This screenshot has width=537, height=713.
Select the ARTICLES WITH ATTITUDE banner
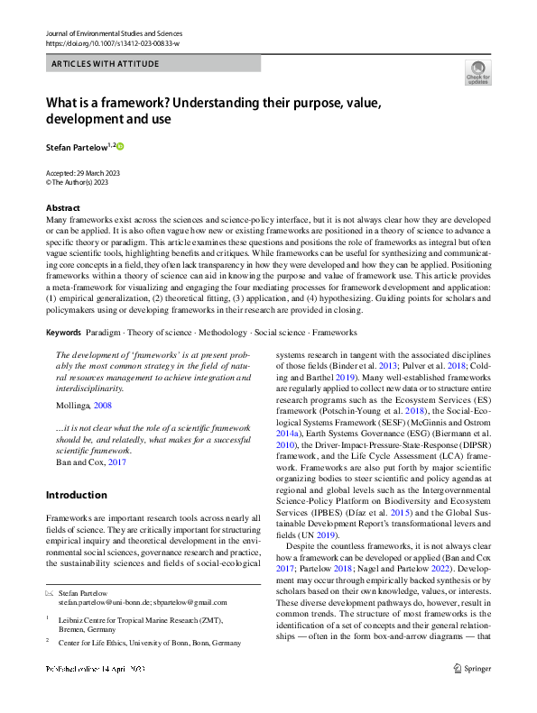[106, 64]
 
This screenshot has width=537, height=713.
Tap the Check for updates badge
[477, 73]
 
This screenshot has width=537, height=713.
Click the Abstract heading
[62, 207]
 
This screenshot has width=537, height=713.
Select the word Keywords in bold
[64, 333]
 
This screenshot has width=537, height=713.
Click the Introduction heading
[76, 495]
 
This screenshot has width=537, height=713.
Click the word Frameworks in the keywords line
[338, 333]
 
